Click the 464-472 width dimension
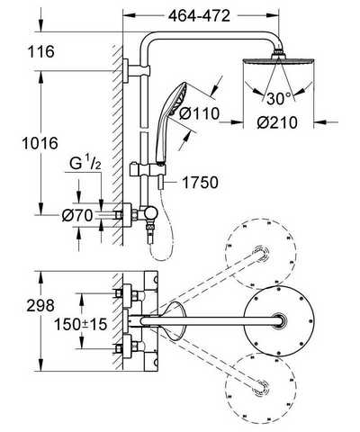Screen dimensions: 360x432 pyautogui.click(x=199, y=16)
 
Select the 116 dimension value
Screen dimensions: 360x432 pyautogui.click(x=41, y=51)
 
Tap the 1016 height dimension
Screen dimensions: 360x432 pyautogui.click(x=40, y=143)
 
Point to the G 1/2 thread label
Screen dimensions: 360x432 pyautogui.click(x=85, y=165)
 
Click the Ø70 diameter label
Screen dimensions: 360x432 pyautogui.click(x=77, y=215)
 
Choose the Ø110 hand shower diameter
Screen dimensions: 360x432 pyautogui.click(x=199, y=114)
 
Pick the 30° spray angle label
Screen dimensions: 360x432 pyautogui.click(x=279, y=98)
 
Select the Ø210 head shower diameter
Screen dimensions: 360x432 pyautogui.click(x=277, y=122)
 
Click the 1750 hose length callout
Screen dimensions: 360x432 pyautogui.click(x=200, y=183)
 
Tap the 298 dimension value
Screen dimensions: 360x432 pyautogui.click(x=40, y=305)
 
